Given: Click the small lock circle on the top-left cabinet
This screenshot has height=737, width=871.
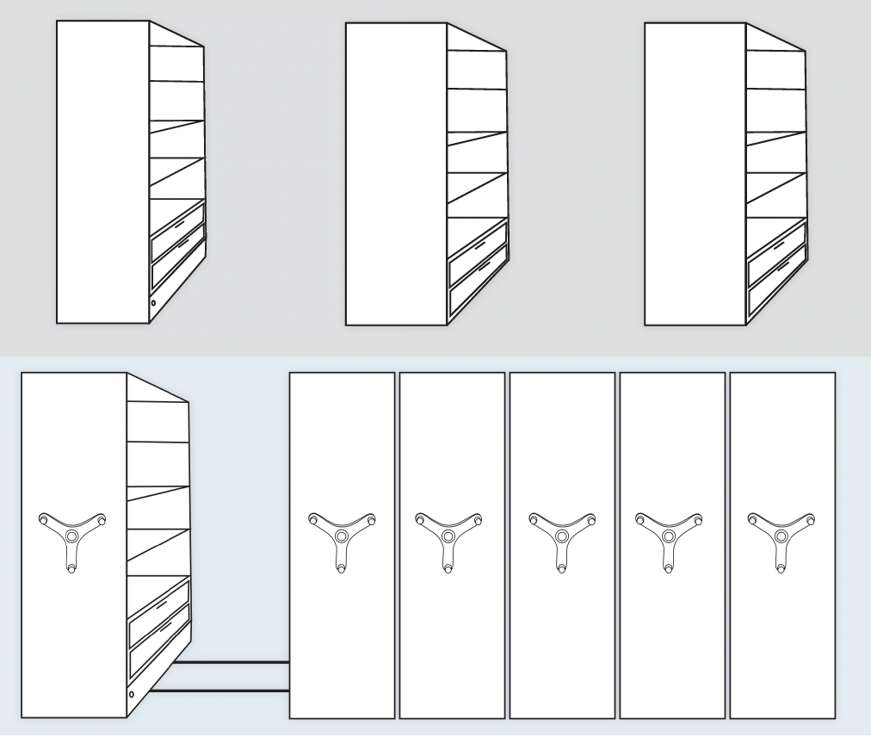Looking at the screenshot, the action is pyautogui.click(x=153, y=303).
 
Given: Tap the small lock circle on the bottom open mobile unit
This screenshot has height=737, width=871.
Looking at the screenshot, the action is pyautogui.click(x=131, y=694).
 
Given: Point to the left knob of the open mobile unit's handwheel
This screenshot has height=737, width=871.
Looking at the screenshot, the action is pyautogui.click(x=43, y=519).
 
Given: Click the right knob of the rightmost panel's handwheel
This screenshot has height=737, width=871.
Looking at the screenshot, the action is pyautogui.click(x=810, y=519).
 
